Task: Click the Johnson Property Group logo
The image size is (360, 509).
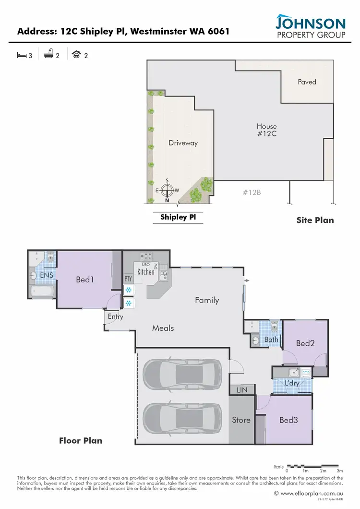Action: pyautogui.click(x=310, y=26)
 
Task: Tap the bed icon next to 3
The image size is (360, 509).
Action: pyautogui.click(x=21, y=55)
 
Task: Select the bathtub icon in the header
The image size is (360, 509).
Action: pyautogui.click(x=48, y=55)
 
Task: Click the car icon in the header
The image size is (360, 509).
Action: pyautogui.click(x=76, y=55)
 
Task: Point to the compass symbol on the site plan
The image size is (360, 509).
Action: pyautogui.click(x=167, y=191)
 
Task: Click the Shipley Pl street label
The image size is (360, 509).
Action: pyautogui.click(x=178, y=218)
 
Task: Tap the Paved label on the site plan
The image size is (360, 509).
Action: pyautogui.click(x=307, y=82)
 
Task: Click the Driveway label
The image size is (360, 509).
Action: pyautogui.click(x=183, y=143)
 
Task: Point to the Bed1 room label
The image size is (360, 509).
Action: pyautogui.click(x=84, y=279)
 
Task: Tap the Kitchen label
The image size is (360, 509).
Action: pyautogui.click(x=146, y=272)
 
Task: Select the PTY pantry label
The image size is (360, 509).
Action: pyautogui.click(x=128, y=278)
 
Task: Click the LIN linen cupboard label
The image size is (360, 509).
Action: pyautogui.click(x=242, y=390)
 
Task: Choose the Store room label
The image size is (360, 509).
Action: pyautogui.click(x=241, y=420)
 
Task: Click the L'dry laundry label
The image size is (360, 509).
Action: pyautogui.click(x=291, y=383)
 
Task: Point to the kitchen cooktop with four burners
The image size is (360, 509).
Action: pyautogui.click(x=146, y=256)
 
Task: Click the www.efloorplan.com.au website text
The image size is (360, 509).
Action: pyautogui.click(x=311, y=493)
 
